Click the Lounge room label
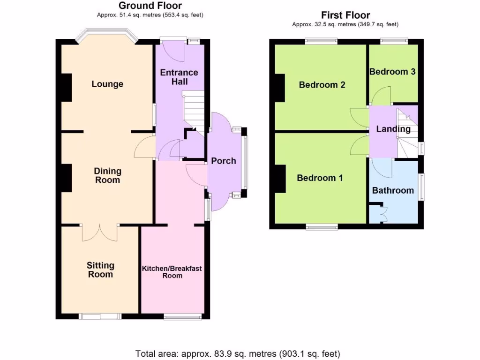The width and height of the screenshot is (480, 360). pos(107,84)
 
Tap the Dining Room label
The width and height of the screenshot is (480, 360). pos(107,176)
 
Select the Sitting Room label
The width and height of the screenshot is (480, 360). pos(100,270)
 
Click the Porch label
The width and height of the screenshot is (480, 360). pos(224,161)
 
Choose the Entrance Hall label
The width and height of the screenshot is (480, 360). pos(179,77)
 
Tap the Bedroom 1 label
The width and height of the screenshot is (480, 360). pos(320,178)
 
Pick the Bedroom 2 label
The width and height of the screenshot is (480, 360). pos(322,85)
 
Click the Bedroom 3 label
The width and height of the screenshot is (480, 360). pos(392,72)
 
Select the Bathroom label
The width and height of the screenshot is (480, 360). pos(393,190)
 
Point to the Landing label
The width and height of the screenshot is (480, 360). pos(393,129)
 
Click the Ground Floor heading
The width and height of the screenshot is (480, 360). pos(150,6)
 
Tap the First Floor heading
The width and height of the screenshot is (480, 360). pos(345,15)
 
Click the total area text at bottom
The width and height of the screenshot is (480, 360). pos(238,353)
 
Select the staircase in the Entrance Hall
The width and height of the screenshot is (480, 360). pos(192,112)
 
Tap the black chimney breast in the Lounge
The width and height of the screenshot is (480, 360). pos(66,88)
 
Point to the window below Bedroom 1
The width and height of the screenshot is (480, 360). pos(322,227)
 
